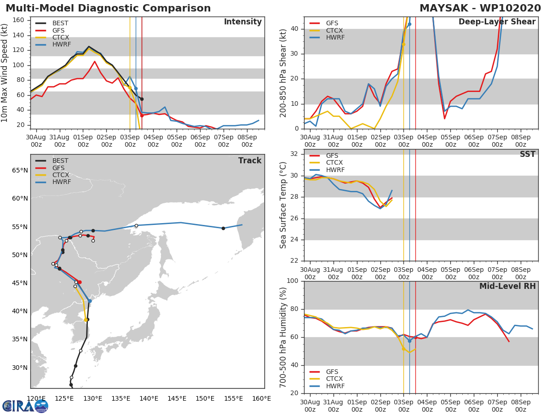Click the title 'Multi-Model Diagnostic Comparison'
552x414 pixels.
coord(108,8)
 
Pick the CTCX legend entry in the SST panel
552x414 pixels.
coord(334,163)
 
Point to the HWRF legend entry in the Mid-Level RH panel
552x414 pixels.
coord(335,386)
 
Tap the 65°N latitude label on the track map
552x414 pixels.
coord(19,171)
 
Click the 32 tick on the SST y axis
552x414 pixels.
coord(293,154)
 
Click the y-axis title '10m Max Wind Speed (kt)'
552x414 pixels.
coord(5,73)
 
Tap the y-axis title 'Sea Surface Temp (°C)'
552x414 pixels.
coord(284,205)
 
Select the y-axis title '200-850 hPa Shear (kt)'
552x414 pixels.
coord(284,73)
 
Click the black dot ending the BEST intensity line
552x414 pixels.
coord(142,99)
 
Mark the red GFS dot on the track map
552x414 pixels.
coord(80,282)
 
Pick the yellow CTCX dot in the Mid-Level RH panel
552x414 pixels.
coord(403,349)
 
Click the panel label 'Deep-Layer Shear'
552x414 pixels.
coord(497,22)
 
